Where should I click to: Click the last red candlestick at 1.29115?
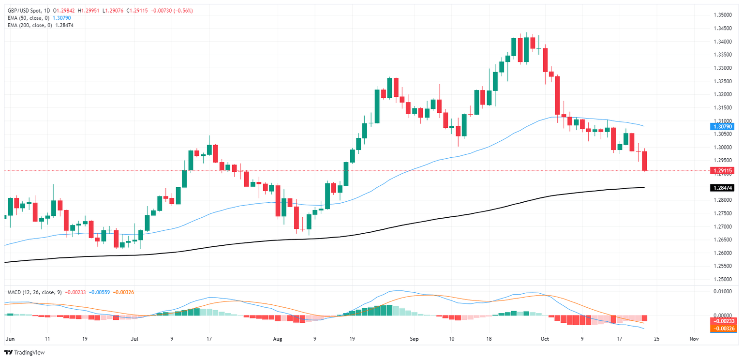644,161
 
